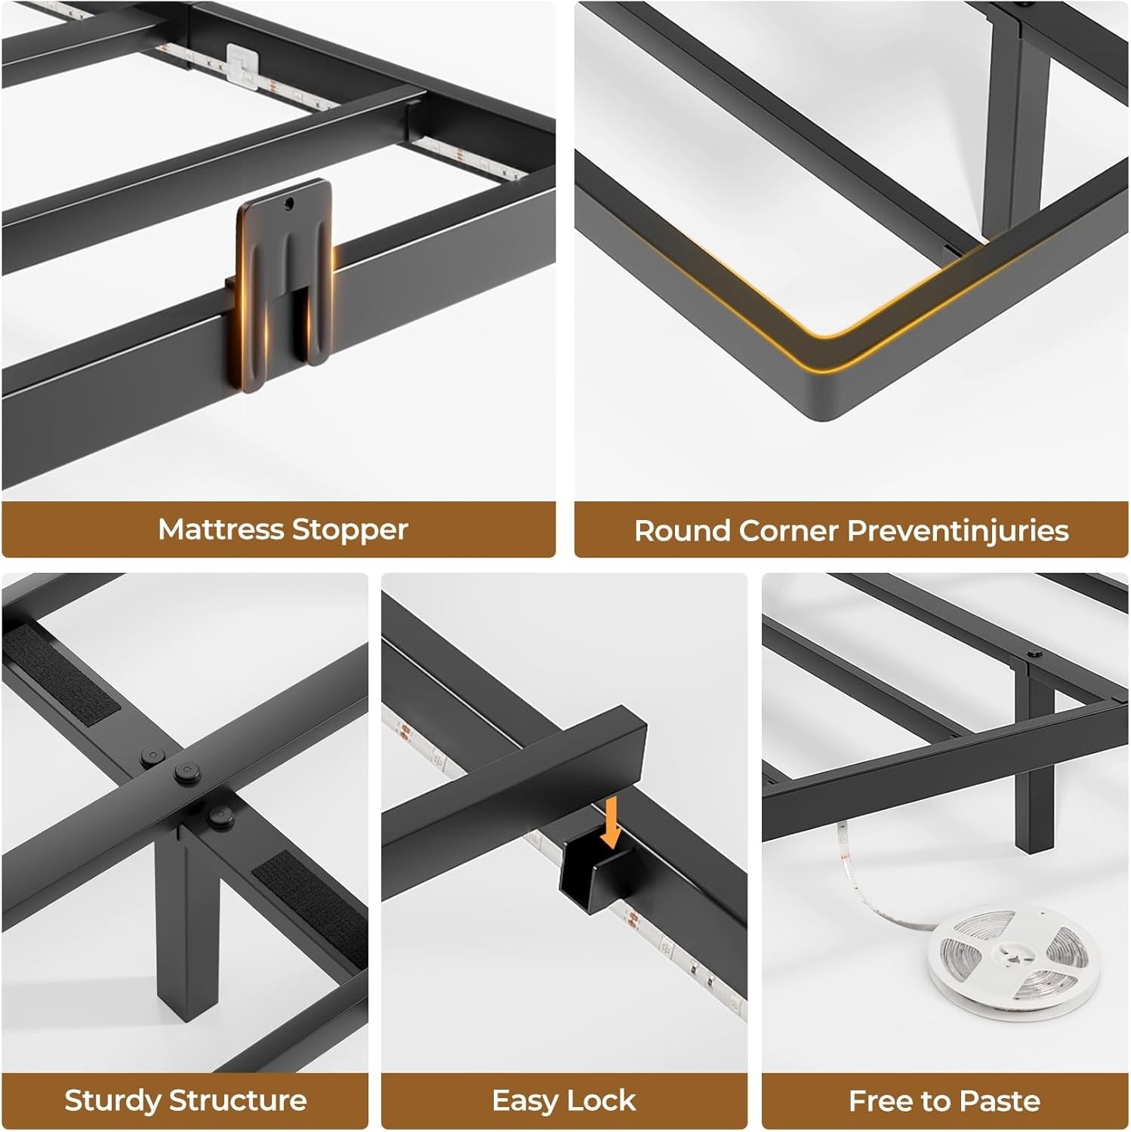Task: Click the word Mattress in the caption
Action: pyautogui.click(x=221, y=529)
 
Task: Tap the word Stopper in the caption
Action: pyautogui.click(x=350, y=530)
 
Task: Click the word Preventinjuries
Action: pyautogui.click(x=958, y=531)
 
